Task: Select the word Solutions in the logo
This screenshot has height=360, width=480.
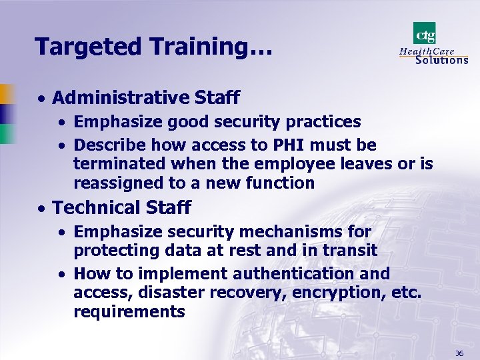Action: (x=441, y=59)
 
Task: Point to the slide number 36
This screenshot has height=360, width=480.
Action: (x=459, y=353)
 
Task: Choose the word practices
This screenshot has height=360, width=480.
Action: (x=323, y=122)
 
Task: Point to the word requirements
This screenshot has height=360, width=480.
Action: (x=129, y=311)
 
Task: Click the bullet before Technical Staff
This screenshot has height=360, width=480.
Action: (x=41, y=209)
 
